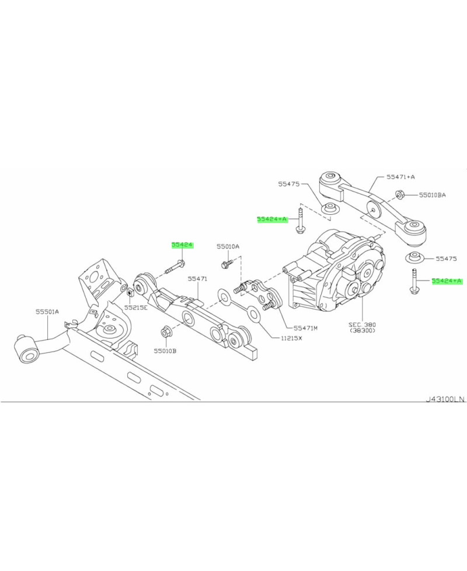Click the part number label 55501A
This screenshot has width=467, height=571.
click(47, 312)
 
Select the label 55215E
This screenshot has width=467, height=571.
click(135, 307)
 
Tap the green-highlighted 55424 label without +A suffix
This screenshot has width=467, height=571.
click(182, 246)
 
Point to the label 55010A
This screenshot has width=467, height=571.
click(228, 246)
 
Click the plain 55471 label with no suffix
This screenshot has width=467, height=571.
click(197, 279)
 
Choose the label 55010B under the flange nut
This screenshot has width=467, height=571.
click(165, 351)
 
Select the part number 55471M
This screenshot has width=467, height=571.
click(305, 328)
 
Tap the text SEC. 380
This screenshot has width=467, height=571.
click(363, 323)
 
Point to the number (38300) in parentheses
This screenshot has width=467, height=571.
click(363, 330)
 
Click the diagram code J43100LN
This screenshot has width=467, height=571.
click(445, 399)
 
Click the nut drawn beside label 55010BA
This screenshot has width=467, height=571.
click(400, 195)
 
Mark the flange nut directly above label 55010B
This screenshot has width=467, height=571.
click(165, 333)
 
